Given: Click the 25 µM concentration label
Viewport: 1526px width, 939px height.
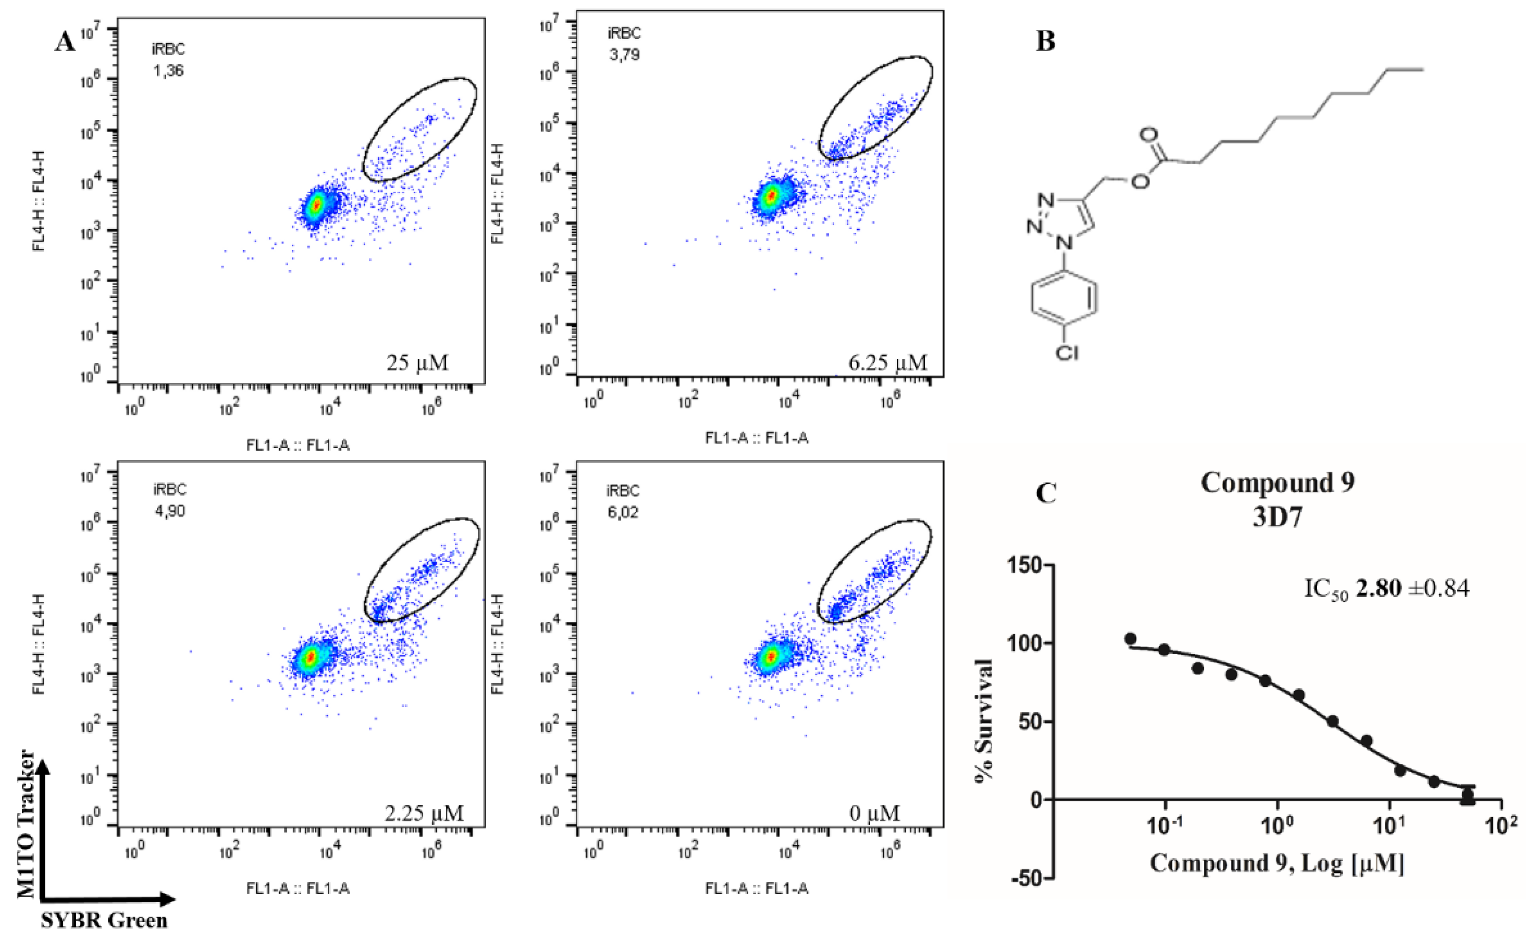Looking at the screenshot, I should pos(417,362).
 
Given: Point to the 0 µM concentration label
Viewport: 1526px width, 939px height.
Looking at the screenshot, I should pos(874,813).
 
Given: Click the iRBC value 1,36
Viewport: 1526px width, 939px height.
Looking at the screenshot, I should pos(169,71).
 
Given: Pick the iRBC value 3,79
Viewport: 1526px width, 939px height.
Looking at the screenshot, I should pos(624,55).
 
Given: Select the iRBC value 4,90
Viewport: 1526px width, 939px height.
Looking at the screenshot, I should pos(170,511).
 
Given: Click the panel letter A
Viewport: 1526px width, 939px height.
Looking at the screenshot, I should pos(65,42).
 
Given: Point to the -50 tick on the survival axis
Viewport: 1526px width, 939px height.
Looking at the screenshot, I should pos(1026,879).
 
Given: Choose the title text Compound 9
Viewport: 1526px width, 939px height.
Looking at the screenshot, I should pos(1278,482).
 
